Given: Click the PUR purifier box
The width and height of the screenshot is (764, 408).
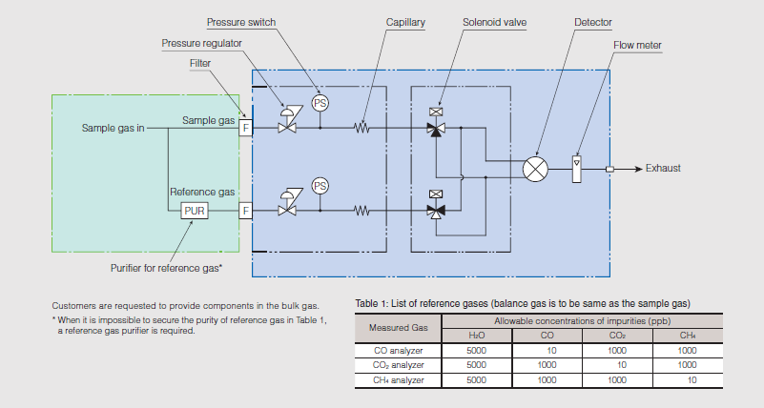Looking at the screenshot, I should click(195, 210).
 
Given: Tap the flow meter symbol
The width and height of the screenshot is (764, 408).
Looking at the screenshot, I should click(576, 169).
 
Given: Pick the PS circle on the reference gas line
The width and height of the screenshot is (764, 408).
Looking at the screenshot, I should click(320, 185).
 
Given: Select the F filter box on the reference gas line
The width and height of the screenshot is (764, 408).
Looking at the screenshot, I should click(245, 210).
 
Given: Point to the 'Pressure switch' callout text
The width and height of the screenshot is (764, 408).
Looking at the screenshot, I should click(239, 21).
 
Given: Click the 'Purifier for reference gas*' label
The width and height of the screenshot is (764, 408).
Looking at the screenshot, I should click(166, 268).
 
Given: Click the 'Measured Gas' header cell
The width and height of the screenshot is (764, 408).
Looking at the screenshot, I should click(398, 329).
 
